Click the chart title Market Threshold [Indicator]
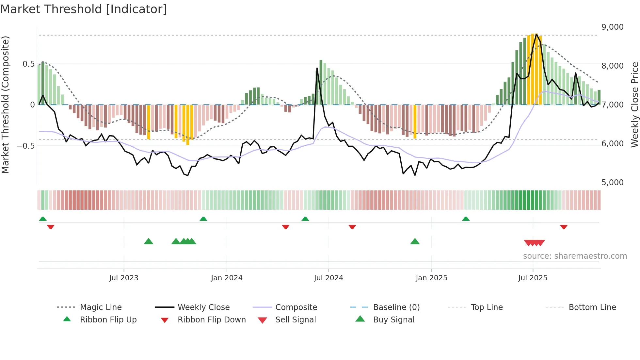(84, 9)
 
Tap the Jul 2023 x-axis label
(124, 278)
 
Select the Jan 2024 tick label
(227, 278)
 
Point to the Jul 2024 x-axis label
(328, 278)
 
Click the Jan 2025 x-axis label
(431, 278)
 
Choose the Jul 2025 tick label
(533, 278)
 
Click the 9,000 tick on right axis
(612, 27)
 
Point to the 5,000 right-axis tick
(612, 183)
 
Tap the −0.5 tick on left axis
(26, 146)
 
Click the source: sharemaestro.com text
(575, 256)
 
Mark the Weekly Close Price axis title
(634, 105)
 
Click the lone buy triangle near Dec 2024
(415, 241)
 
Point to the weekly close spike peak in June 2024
(317, 68)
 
